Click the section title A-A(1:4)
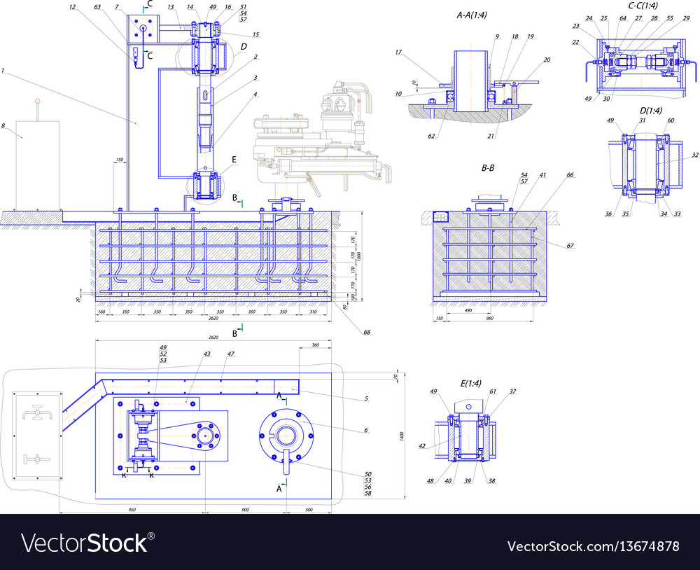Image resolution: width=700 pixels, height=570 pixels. [x=472, y=15]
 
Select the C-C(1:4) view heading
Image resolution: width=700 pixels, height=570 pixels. [x=643, y=6]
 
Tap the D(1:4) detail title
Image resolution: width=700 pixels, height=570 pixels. [x=638, y=110]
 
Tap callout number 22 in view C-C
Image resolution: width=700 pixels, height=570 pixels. [x=576, y=42]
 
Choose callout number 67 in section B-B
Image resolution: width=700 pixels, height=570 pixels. [x=570, y=246]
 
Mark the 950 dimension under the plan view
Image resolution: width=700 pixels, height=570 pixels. [x=132, y=510]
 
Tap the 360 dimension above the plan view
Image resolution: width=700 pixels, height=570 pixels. [x=314, y=345]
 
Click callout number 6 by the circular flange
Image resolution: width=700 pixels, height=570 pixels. [x=366, y=430]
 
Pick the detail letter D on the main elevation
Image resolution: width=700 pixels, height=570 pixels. [x=243, y=47]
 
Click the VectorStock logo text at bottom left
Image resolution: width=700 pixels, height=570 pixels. [x=87, y=543]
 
